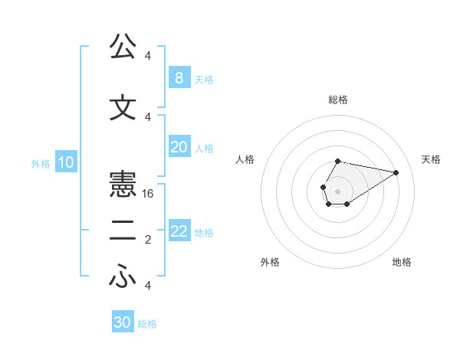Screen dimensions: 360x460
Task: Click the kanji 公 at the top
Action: [123, 47]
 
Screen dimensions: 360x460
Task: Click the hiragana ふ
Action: [123, 277]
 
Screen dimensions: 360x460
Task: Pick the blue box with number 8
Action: [179, 77]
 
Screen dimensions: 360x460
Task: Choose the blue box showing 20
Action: [179, 147]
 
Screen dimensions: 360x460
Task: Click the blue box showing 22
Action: [179, 232]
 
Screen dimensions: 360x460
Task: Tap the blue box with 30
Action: [123, 322]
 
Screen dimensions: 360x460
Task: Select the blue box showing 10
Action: [65, 162]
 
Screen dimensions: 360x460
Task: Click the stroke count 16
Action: [149, 194]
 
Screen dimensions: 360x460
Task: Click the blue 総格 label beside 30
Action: [147, 324]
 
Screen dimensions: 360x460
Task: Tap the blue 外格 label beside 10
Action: [41, 163]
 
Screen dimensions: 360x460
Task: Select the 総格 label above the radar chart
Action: [338, 100]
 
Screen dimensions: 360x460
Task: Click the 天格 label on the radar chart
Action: [432, 159]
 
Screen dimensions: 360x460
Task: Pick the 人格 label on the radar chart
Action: [245, 159]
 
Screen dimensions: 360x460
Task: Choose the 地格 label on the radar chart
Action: [402, 262]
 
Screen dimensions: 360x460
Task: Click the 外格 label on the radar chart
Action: [270, 262]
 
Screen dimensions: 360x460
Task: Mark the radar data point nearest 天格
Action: [396, 172]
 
